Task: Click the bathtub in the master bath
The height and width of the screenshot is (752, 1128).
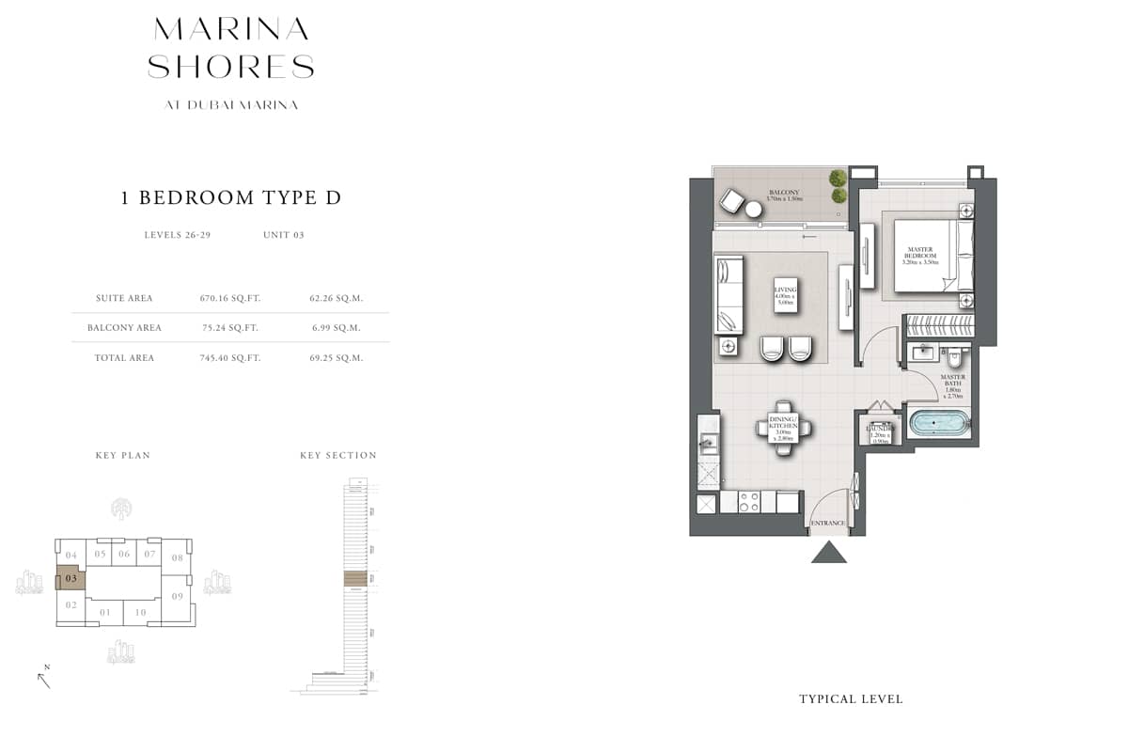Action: coord(937,424)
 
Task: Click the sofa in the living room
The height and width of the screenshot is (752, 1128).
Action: coord(729,295)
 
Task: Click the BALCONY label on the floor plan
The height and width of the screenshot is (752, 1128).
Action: coord(784,190)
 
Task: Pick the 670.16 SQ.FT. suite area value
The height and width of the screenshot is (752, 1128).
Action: coord(229,298)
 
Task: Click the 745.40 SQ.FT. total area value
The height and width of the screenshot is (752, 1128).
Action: coord(229,358)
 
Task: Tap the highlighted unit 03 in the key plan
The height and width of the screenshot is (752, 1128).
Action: coord(70,578)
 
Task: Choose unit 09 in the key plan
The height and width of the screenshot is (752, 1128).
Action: coord(177,596)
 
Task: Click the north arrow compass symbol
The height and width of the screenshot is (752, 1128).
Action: coord(44,677)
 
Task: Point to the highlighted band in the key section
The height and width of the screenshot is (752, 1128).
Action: coord(355,578)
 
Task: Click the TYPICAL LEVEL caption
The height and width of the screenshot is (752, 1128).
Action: coord(851,699)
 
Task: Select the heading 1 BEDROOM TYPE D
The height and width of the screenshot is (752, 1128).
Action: coord(230,197)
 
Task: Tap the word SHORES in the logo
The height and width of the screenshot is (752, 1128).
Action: coord(231,67)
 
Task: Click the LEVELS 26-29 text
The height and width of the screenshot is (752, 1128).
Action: coord(177,235)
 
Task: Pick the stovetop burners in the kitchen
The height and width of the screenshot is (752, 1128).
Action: coord(749,502)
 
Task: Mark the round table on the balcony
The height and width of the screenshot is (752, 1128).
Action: coord(754,210)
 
